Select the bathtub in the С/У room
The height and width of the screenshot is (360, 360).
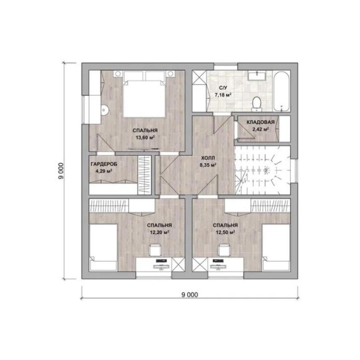click(282, 91)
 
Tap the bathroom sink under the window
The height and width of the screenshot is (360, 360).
click(257, 75)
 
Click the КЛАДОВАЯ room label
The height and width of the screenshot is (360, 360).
click(260, 122)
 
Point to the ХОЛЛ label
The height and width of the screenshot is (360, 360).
click(208, 158)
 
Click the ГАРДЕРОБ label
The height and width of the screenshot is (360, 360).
click(104, 164)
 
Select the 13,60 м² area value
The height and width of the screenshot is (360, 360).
click(145, 138)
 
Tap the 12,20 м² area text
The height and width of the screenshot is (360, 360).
click(160, 232)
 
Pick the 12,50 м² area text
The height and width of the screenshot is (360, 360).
click(225, 232)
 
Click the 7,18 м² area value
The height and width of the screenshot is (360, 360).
click(223, 94)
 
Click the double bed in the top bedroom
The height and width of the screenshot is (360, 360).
click(144, 94)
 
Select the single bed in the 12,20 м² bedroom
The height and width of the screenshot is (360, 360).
click(103, 247)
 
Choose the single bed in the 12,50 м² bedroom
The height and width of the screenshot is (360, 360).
click(276, 247)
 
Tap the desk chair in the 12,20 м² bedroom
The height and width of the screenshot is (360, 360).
click(156, 250)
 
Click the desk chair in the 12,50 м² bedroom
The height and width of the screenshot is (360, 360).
click(224, 250)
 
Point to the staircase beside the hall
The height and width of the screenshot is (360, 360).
click(262, 170)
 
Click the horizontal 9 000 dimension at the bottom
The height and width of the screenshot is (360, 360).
click(190, 294)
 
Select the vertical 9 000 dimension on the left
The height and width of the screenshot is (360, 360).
click(61, 171)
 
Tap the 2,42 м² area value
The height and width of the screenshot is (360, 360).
click(260, 129)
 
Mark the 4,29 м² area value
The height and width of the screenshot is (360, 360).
click(104, 171)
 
